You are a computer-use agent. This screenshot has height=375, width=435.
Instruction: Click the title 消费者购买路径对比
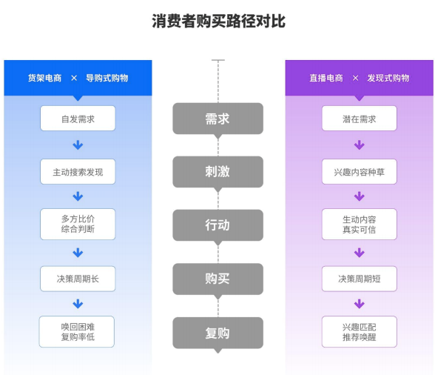click(x=219, y=21)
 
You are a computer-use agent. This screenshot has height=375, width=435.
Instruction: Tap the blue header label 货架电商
click(x=44, y=78)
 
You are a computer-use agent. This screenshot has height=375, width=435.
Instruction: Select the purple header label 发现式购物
click(x=388, y=78)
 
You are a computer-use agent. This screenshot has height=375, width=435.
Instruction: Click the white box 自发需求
click(x=78, y=118)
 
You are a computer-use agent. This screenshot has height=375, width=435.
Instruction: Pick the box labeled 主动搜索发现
click(x=78, y=171)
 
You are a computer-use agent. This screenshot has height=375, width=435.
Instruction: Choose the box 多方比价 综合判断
click(x=78, y=224)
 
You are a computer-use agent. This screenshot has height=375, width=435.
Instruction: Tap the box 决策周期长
click(x=78, y=279)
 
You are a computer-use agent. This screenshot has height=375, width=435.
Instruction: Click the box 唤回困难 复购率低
click(x=77, y=331)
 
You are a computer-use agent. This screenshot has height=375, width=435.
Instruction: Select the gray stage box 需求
click(x=217, y=119)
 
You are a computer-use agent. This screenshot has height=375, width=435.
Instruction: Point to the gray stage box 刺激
click(x=217, y=172)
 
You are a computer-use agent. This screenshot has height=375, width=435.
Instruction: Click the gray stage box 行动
click(x=217, y=225)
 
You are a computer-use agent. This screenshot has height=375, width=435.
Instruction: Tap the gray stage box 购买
click(x=217, y=279)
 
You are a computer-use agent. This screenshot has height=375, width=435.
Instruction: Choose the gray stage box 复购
click(x=217, y=333)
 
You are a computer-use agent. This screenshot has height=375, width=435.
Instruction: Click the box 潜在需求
click(x=360, y=118)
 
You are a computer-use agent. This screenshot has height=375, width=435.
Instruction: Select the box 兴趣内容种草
click(x=360, y=171)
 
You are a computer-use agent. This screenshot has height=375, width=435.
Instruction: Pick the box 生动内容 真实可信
click(x=360, y=224)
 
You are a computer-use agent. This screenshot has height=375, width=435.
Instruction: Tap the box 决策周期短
click(x=360, y=279)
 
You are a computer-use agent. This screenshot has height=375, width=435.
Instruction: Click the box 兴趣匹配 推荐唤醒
click(x=360, y=331)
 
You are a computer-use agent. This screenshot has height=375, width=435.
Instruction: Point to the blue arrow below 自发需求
click(x=78, y=145)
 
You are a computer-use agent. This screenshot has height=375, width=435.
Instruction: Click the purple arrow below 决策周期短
click(x=360, y=304)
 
